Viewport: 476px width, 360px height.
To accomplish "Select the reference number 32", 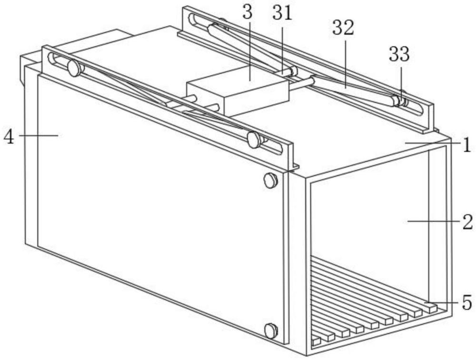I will click(x=343, y=28).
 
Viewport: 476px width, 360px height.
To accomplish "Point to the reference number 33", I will click(x=399, y=55).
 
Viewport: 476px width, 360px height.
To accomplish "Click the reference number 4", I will click(x=8, y=137).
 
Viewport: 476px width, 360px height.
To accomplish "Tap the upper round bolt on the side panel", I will click(x=270, y=180).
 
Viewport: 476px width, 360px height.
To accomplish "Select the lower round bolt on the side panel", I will click(x=270, y=330).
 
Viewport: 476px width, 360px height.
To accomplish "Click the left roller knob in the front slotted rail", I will click(x=74, y=69).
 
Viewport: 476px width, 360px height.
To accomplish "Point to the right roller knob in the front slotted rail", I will click(x=255, y=140).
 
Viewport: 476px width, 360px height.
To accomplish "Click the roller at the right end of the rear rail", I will click(x=397, y=100).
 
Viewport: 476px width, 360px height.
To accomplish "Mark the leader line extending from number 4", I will click(x=38, y=136).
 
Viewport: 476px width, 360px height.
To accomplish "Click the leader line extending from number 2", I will click(x=433, y=221).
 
